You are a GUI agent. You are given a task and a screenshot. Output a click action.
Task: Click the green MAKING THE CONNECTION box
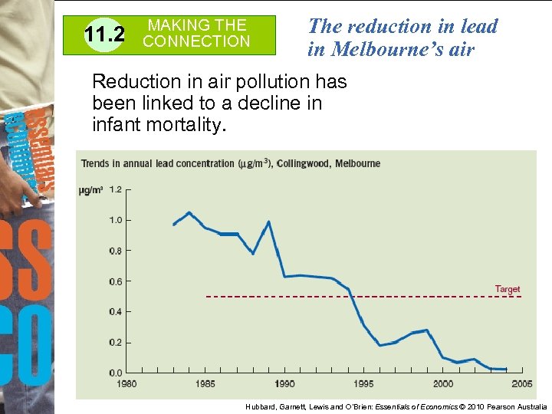click(x=197, y=34)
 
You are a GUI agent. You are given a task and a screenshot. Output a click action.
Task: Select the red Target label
click(x=507, y=289)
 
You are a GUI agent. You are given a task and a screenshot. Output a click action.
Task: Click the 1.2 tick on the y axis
click(x=116, y=189)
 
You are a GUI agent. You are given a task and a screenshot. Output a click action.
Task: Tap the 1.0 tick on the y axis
click(x=116, y=220)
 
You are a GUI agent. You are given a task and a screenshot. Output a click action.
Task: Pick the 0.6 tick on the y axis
click(x=116, y=281)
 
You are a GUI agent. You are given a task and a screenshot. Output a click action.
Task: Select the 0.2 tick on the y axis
click(x=116, y=343)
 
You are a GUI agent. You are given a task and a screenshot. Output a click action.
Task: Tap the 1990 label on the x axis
click(x=284, y=384)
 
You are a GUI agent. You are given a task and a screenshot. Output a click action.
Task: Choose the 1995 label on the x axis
click(x=364, y=384)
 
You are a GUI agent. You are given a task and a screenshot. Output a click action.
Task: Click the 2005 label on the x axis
click(x=522, y=384)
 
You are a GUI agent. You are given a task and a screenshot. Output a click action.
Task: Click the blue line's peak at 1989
click(x=268, y=222)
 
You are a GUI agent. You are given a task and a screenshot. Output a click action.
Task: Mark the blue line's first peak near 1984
click(x=189, y=212)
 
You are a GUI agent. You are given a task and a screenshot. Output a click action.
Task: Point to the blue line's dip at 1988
click(x=253, y=253)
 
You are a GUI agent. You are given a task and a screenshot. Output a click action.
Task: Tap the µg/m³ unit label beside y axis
click(x=90, y=190)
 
